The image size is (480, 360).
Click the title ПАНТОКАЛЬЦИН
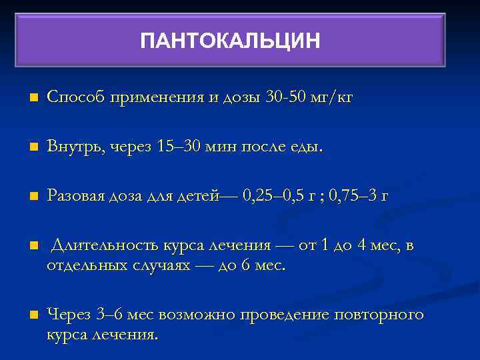tap(230, 41)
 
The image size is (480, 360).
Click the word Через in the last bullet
tap(69, 315)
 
